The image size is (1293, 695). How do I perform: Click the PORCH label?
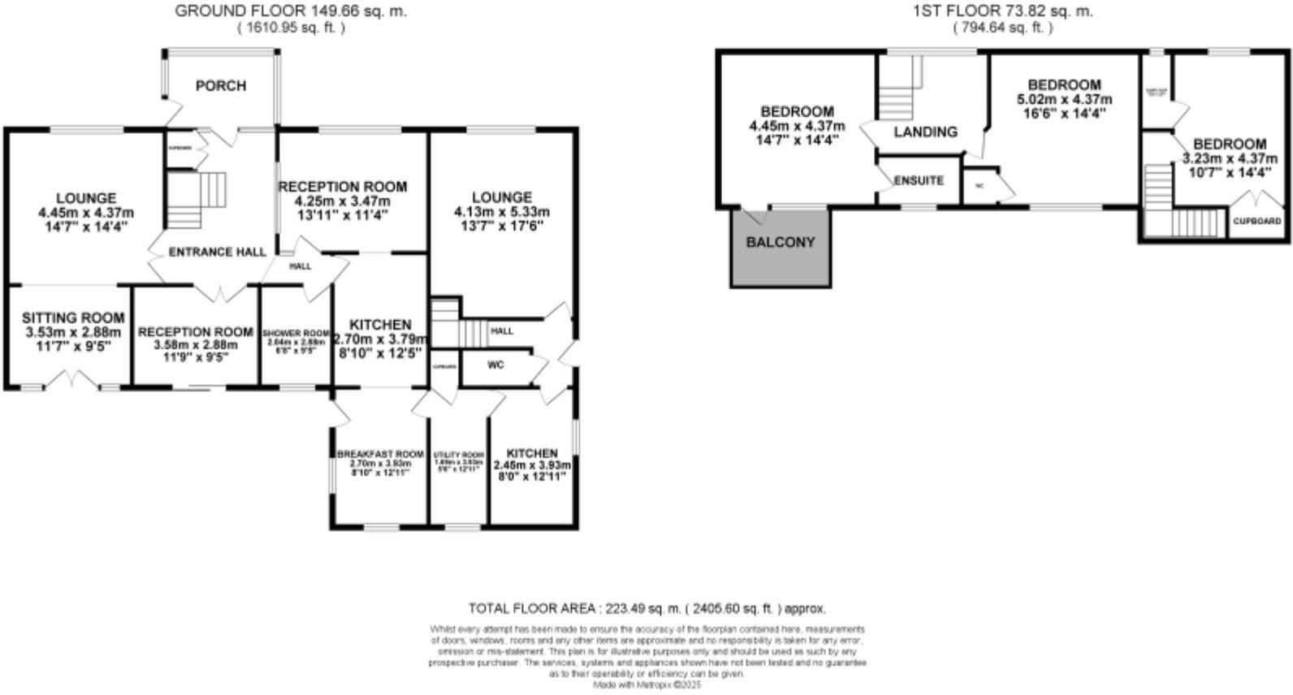coord(220,86)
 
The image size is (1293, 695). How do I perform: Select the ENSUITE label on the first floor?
coord(919,180)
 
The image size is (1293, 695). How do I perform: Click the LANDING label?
coord(925,132)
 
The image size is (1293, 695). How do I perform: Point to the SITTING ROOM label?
coord(73,318)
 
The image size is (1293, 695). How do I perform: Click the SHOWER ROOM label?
coord(296,334)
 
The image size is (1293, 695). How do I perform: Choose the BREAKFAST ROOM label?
coord(380,454)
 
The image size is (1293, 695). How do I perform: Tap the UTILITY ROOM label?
coord(459,455)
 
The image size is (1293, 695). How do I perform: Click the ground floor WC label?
coord(495,365)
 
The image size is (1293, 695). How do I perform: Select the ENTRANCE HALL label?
coord(217,253)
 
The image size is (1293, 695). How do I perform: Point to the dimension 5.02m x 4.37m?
coord(1064,100)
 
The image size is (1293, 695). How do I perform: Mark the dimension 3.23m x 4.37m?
coord(1229,158)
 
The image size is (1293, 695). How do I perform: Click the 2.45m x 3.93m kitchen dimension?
coord(532,466)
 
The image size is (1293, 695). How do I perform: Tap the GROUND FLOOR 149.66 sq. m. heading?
coord(291,11)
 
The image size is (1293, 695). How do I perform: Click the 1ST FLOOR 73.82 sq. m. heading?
coord(1002,11)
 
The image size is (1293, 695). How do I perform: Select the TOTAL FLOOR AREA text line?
coord(646,608)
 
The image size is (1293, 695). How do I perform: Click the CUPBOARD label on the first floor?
coord(1256,221)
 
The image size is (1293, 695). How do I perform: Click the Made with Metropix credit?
coord(646,684)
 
